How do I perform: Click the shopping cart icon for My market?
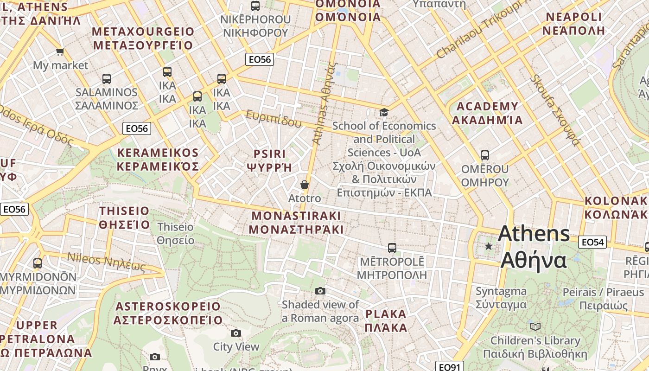[60, 51]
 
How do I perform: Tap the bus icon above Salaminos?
[107, 78]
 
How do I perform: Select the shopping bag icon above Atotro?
[305, 185]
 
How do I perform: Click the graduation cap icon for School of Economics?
[384, 112]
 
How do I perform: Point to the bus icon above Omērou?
[485, 155]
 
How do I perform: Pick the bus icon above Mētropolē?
[392, 248]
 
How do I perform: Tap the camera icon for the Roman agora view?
[320, 291]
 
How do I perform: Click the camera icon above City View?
[236, 333]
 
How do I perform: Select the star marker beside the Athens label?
[488, 246]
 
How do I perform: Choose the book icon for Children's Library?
[535, 326]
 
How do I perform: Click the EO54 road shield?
[592, 242]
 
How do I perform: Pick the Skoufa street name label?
[555, 109]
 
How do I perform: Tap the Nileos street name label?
[106, 262]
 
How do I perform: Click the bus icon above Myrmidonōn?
[38, 263]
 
